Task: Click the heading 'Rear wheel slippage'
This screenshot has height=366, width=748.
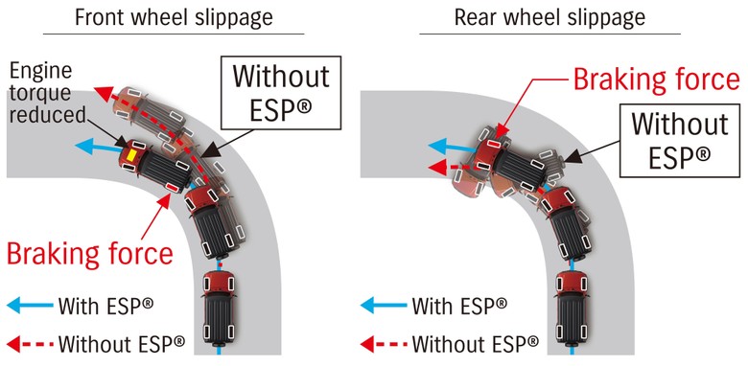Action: [x=550, y=17]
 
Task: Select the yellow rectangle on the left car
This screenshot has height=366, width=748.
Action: [x=127, y=153]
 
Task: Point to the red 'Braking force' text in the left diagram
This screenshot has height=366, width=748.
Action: [x=89, y=254]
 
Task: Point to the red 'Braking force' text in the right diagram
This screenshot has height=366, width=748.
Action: [x=655, y=79]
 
